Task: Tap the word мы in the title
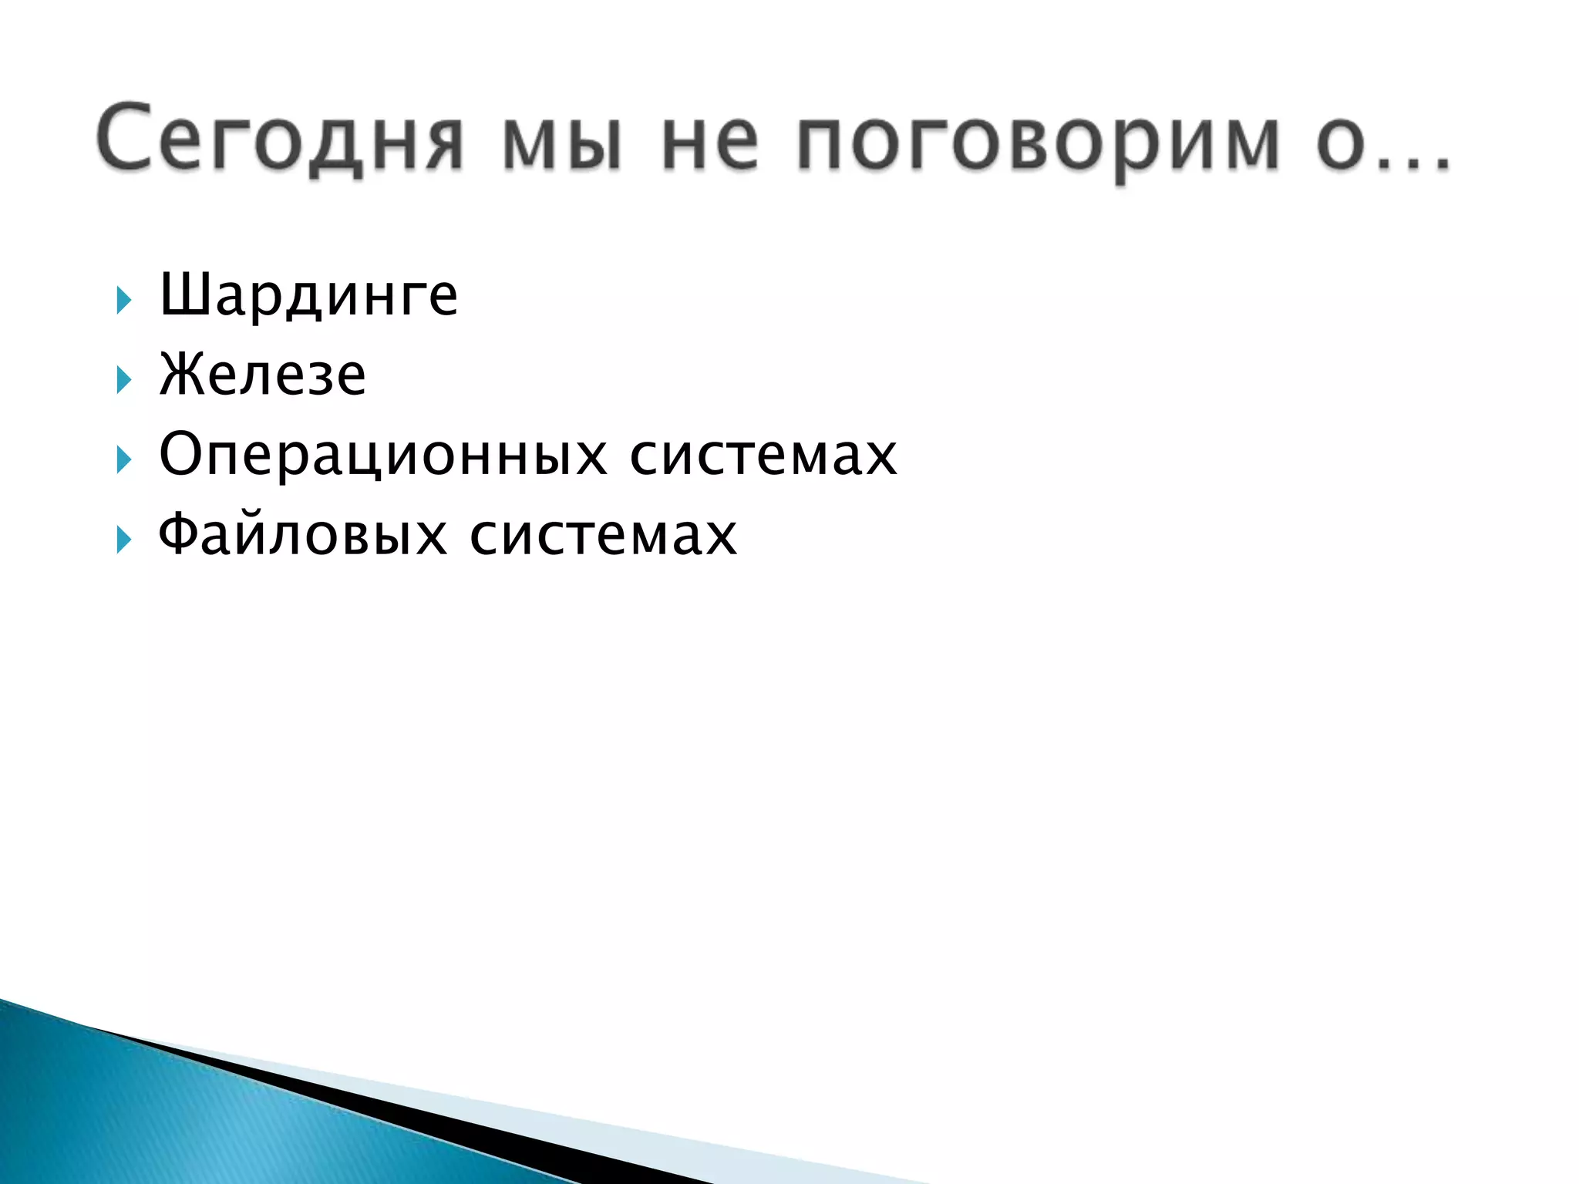coord(561,143)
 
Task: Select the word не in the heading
coord(710,143)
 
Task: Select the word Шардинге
coord(308,295)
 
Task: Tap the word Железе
coord(262,375)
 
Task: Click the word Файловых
coord(302,534)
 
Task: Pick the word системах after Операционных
coord(763,455)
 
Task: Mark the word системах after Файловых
coord(604,534)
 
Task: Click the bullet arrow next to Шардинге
coord(123,300)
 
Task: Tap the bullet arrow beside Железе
coord(123,379)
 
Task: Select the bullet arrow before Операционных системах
coord(123,459)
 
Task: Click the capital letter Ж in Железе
coord(179,374)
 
